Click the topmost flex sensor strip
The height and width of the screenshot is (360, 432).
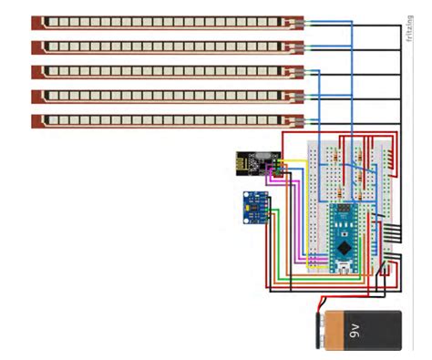pos(164,22)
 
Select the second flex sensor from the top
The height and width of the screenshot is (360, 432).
pos(164,46)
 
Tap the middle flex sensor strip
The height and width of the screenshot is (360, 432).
pos(164,71)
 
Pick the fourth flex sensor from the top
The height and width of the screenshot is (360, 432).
pos(164,96)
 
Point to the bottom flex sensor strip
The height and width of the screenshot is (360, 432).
pos(164,120)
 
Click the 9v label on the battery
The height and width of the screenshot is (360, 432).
pos(378,331)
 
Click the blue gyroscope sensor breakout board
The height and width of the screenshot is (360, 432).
pos(256,207)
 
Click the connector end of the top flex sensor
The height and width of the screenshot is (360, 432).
pos(293,22)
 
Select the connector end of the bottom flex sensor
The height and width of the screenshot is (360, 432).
pos(293,120)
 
